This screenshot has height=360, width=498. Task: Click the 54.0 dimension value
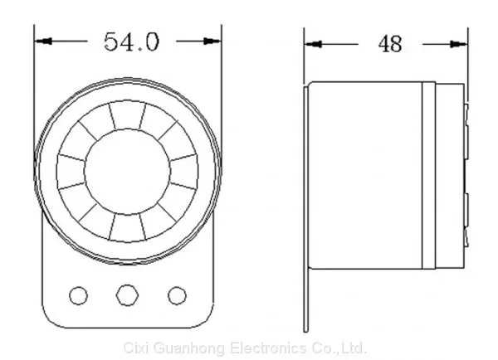[x=131, y=42]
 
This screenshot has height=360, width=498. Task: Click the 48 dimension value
[x=390, y=44]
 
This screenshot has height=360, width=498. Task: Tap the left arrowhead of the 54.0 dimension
[x=43, y=41]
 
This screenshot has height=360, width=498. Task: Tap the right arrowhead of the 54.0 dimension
[x=212, y=41]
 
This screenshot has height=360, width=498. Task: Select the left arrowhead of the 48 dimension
[x=313, y=44]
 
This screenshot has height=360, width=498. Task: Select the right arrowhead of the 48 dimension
[x=459, y=44]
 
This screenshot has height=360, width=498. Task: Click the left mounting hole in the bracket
[x=79, y=295]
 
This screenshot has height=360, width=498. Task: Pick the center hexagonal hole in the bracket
[x=127, y=295]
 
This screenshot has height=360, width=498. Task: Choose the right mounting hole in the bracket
[x=177, y=295]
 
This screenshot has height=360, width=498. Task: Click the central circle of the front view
[x=127, y=172]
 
